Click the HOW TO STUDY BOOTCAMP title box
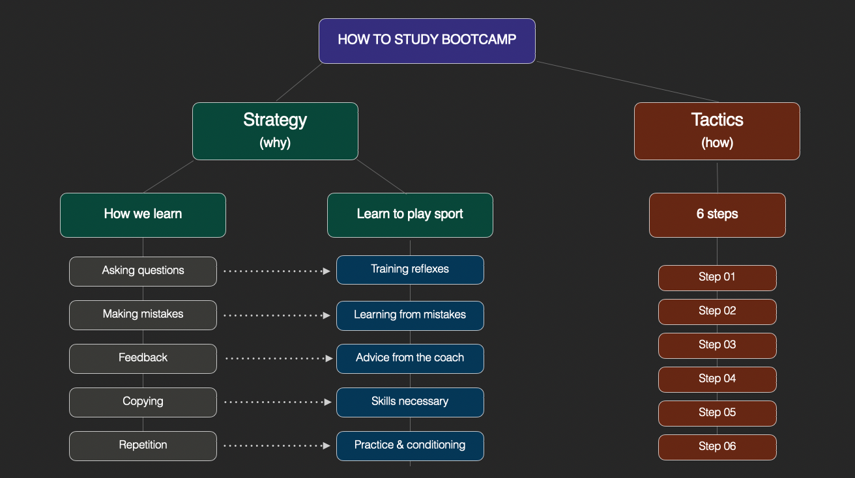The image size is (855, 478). point(427,41)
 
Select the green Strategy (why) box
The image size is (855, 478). point(275,131)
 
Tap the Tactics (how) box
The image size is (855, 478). point(717,131)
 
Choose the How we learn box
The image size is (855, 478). point(143,215)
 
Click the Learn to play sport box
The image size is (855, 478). point(410,215)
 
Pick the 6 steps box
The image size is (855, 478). point(717,215)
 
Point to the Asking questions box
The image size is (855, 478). point(143,271)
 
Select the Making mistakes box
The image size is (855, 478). point(143,315)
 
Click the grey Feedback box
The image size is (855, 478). point(143,359)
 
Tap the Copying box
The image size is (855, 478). point(143,402)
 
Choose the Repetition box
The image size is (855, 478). point(143,446)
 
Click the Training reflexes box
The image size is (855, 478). point(410,270)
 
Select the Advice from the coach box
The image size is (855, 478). point(410,359)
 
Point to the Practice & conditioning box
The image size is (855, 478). point(410,446)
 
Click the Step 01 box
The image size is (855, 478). point(717,277)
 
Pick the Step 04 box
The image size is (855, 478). point(717,380)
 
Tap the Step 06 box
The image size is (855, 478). point(717,447)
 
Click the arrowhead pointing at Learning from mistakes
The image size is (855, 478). point(326,315)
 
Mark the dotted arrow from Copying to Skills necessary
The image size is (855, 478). point(278,402)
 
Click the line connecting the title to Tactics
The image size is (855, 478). point(628,82)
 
